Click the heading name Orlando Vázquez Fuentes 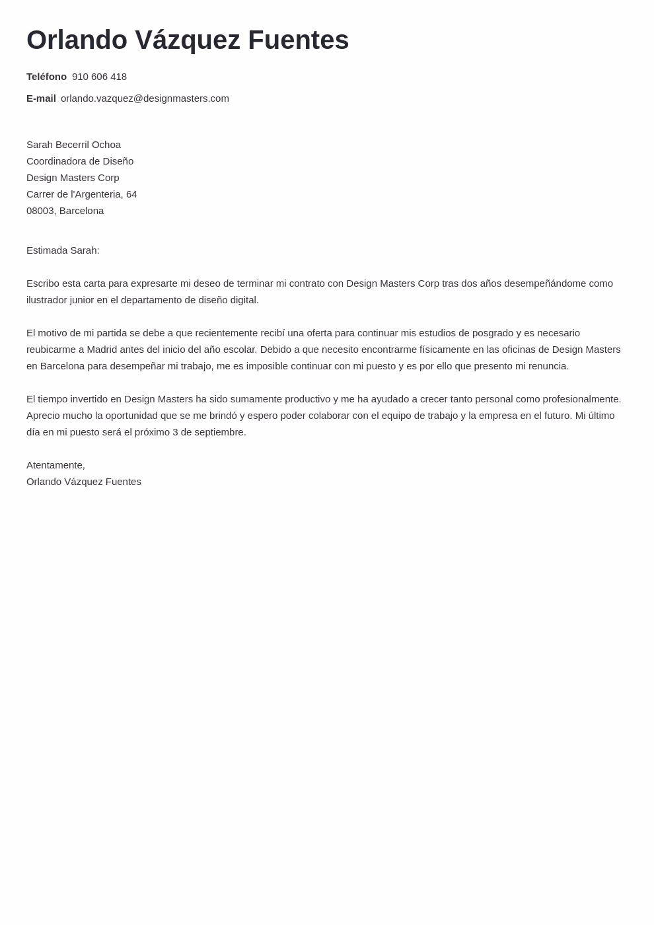(188, 40)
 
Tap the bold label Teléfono (46, 77)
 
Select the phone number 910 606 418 (99, 77)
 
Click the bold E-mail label (41, 98)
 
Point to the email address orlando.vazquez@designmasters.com (145, 98)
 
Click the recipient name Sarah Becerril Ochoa (73, 145)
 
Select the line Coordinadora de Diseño (80, 161)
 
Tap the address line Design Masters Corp (73, 178)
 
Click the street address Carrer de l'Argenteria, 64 (81, 194)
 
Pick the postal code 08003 (40, 211)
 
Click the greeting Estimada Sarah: (63, 250)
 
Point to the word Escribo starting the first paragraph (43, 283)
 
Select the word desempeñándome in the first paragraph (545, 283)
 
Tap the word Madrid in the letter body (102, 350)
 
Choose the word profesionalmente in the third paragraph (581, 399)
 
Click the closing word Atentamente (55, 465)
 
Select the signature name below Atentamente (84, 482)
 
